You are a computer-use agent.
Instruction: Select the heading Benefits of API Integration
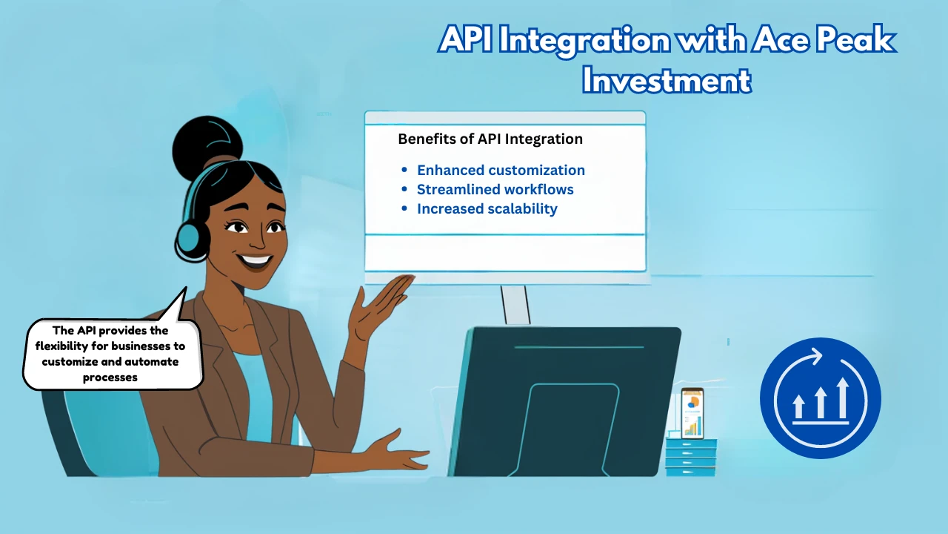click(x=490, y=139)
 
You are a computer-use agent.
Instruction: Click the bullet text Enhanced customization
click(x=501, y=170)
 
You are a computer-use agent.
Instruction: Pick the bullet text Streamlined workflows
click(x=495, y=189)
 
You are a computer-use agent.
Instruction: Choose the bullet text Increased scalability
click(x=487, y=209)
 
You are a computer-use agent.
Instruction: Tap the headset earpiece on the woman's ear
click(x=191, y=241)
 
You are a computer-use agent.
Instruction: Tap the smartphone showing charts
click(x=692, y=413)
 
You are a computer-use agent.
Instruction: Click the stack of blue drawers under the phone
click(x=691, y=457)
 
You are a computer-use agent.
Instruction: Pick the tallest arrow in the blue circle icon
click(x=843, y=398)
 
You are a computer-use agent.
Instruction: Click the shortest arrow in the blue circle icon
click(x=798, y=406)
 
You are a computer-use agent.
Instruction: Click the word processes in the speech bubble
click(x=110, y=378)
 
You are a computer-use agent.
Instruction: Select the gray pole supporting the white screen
click(x=515, y=305)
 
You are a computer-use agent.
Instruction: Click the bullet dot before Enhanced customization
click(x=404, y=170)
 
